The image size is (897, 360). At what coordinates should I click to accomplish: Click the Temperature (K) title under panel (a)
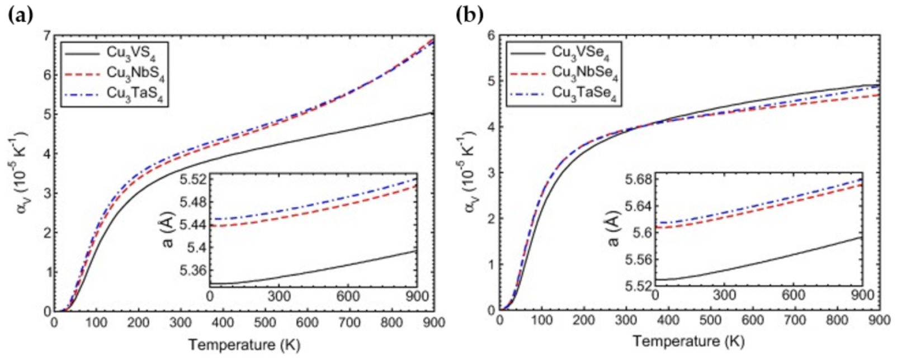[x=244, y=344]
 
